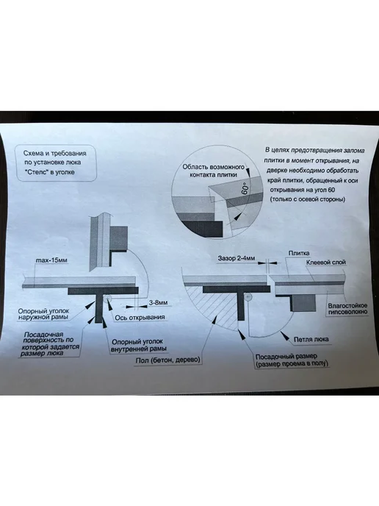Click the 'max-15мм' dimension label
52,260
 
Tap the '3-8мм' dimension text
158,303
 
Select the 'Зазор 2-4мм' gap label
237,258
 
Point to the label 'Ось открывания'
140,318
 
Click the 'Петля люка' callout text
311,340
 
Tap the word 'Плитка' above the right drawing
298,253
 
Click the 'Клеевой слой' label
325,263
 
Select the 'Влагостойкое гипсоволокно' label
347,308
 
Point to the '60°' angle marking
245,188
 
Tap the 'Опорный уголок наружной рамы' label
43,314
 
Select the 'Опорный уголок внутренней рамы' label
139,345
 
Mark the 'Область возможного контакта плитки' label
213,171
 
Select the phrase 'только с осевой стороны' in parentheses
308,199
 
